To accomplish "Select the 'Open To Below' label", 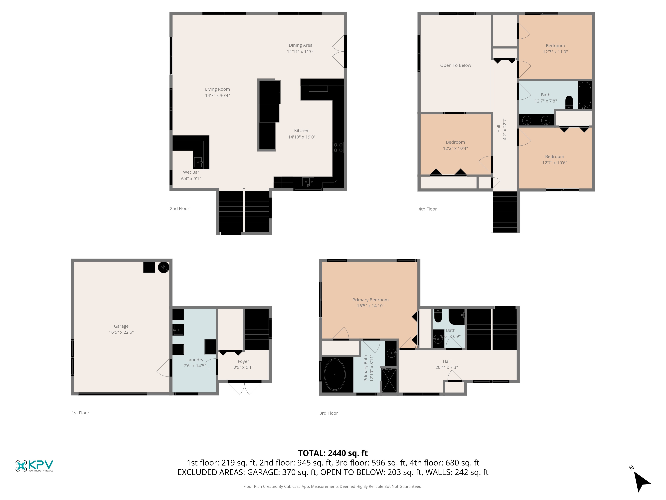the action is pos(456,65).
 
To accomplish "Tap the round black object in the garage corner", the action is pos(164,267).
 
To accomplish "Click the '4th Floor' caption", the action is pos(428,209).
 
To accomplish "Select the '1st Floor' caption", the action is pos(80,413).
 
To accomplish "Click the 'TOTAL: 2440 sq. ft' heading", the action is pos(333,453).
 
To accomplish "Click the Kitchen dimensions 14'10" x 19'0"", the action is pos(302,137).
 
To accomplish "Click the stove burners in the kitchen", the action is pos(338,147).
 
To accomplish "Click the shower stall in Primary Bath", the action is pos(389,380).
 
